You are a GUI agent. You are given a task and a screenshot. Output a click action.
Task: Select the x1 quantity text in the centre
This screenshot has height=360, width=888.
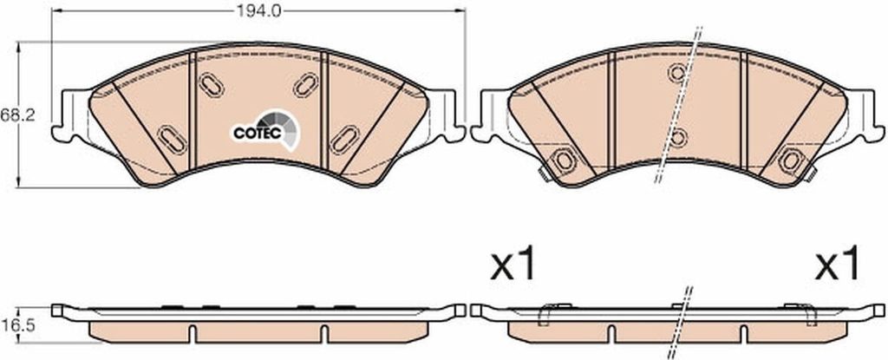click(x=513, y=265)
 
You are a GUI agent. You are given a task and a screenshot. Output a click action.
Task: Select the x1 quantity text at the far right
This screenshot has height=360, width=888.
click(x=838, y=265)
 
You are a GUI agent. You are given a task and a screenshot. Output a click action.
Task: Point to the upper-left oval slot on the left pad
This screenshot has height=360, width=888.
click(x=212, y=85)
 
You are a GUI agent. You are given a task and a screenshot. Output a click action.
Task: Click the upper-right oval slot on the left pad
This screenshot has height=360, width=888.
click(x=306, y=85)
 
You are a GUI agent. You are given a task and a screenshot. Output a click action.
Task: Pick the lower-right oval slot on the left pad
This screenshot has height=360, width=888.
click(x=345, y=140)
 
